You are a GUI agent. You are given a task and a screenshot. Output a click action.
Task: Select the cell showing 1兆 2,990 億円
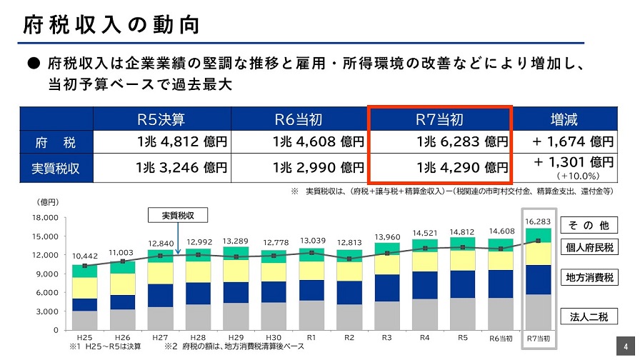tap(318, 169)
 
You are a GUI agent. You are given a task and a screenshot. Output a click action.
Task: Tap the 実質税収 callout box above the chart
tap(176, 215)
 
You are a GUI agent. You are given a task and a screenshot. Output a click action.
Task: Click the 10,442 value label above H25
tap(85, 256)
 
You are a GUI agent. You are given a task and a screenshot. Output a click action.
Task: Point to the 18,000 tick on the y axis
tap(44, 217)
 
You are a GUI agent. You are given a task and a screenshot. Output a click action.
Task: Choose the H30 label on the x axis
tap(272, 337)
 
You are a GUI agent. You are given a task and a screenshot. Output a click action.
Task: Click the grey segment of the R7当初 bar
tap(538, 312)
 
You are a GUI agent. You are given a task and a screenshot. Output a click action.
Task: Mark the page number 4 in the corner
tap(626, 342)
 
